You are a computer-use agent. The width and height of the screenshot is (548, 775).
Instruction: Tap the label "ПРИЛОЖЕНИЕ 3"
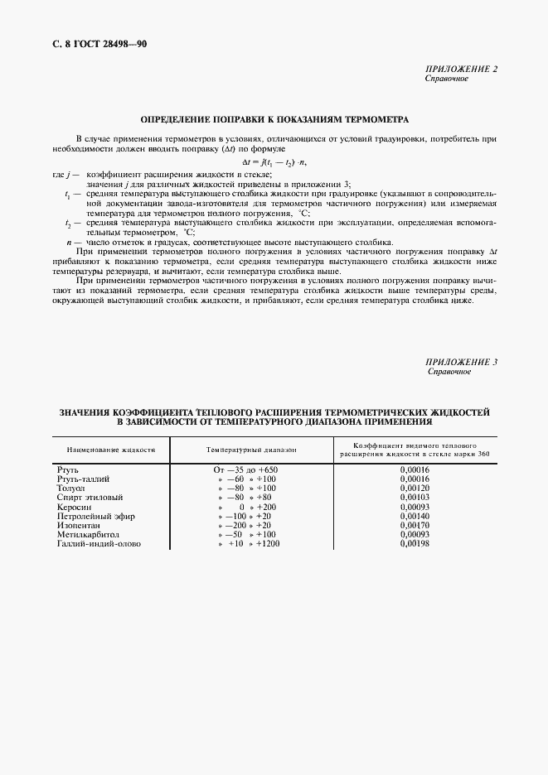[461, 363]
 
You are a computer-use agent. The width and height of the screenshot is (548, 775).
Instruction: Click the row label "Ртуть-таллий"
[83, 479]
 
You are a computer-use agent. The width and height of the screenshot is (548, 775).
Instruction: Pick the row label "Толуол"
[71, 488]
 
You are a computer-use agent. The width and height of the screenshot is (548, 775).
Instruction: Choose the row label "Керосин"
[75, 506]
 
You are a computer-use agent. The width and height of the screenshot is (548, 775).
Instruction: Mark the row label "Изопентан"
[79, 525]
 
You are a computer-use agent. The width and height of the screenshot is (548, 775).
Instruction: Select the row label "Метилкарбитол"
[88, 534]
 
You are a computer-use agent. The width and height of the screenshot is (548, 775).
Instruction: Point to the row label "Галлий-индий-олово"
[99, 544]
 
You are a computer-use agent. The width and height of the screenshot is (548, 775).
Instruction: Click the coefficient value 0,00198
[415, 544]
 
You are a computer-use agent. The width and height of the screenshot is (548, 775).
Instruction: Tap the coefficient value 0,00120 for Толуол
[415, 488]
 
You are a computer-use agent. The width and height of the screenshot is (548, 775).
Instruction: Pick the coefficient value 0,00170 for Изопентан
[415, 525]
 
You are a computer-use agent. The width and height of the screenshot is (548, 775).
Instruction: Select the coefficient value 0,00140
[415, 516]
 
